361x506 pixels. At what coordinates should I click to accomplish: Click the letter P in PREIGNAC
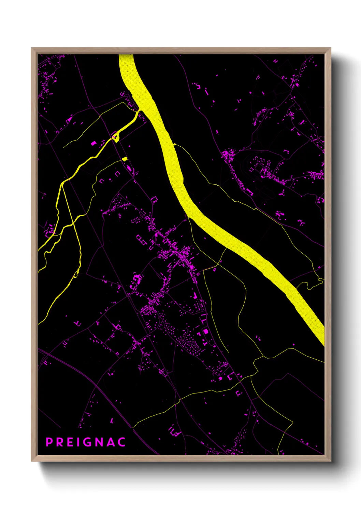pos(49,442)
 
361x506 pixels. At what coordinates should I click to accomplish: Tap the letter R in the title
pos(59,442)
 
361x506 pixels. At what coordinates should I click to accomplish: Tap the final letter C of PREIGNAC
pos(122,442)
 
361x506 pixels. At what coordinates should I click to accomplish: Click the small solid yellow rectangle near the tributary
pos(125,159)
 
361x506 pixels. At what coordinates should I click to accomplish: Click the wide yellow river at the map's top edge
pos(126,57)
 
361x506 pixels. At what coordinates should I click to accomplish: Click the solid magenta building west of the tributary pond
pos(93,143)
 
